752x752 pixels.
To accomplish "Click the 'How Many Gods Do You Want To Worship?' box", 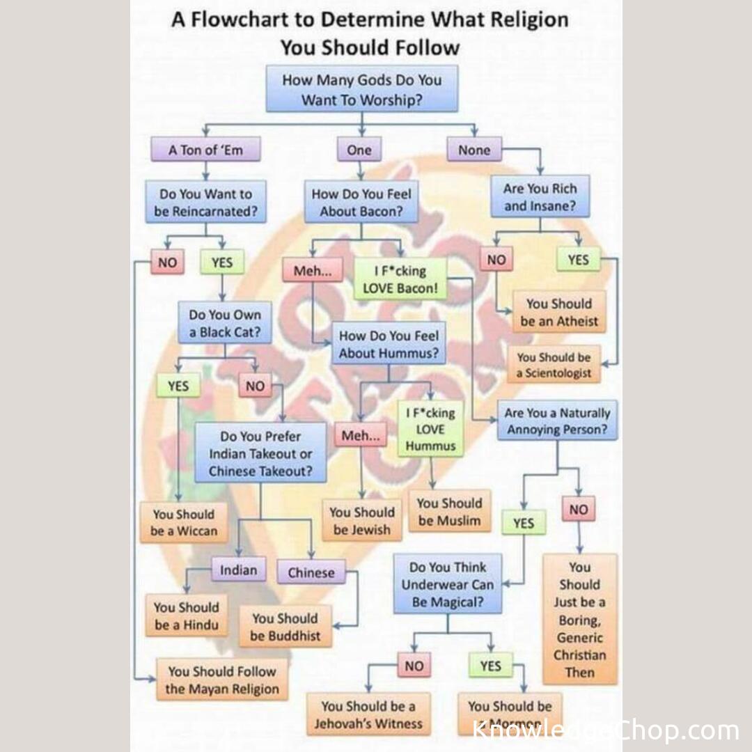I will coord(361,89).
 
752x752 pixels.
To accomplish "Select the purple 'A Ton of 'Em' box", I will coord(205,150).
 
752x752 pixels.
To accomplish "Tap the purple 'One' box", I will coord(359,150).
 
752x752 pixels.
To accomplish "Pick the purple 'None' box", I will coord(473,150).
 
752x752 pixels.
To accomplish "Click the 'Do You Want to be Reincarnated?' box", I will coord(205,202).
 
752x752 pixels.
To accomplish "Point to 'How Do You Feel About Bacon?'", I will coord(361,202).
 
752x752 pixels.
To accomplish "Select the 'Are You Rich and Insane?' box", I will coord(540,196).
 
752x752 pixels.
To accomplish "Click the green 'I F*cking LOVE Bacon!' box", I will coord(399,279).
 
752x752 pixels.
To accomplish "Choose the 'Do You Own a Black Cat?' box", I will coord(224,323).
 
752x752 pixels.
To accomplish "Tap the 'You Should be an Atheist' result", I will coord(558,312).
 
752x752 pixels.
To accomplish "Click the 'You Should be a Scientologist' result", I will coord(554,365).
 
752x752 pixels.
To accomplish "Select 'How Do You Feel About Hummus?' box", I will coord(389,344).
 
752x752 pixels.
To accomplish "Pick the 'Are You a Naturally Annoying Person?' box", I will coord(556,421).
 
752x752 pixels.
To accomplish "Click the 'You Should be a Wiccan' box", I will coord(184,522).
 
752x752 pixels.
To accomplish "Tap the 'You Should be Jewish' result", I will coord(361,520).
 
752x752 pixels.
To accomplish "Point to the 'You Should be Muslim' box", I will coord(449,511).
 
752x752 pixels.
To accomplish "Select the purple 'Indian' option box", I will coord(238,570).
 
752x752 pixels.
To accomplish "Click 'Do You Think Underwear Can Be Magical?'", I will coord(447,584).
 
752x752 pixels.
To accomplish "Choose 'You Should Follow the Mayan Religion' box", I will coord(221,680).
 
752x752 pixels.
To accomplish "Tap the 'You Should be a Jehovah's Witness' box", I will coord(368,714).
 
